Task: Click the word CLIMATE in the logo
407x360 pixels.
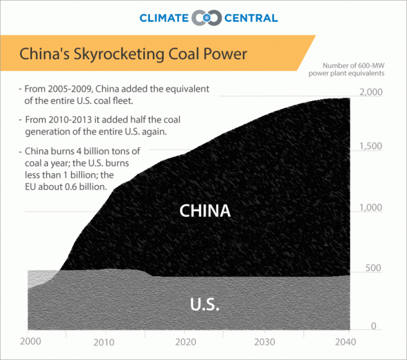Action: (164, 18)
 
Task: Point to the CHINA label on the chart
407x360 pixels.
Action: (205, 210)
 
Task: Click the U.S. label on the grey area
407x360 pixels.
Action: (205, 305)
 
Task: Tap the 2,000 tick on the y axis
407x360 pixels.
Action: (370, 92)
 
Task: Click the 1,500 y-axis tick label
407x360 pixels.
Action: (370, 146)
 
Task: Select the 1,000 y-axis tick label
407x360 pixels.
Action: (370, 207)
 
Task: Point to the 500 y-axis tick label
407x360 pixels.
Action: (374, 268)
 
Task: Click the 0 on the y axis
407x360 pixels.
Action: (374, 326)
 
